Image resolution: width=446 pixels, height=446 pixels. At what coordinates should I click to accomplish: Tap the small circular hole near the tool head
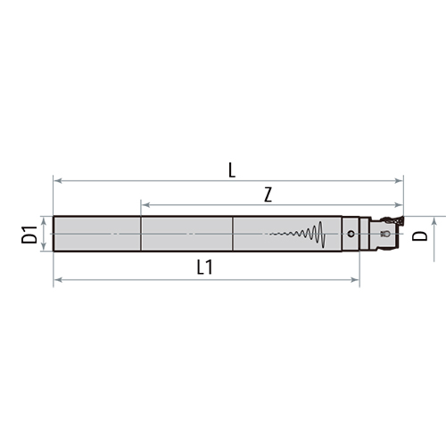tap(351, 235)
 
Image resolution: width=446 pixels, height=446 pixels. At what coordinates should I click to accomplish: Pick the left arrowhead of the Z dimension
tap(144, 205)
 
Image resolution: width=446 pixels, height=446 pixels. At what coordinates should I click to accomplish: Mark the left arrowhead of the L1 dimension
tap(57, 281)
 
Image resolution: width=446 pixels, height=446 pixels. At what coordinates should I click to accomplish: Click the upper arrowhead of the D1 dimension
tap(43, 220)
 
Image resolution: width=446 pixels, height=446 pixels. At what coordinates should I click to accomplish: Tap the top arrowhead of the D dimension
tap(434, 219)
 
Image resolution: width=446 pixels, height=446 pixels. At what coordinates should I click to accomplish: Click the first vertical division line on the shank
tap(141, 235)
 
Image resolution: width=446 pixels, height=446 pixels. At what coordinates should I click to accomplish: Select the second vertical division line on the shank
tap(233, 235)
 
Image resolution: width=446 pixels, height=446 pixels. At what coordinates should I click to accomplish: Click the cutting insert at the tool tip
tap(392, 219)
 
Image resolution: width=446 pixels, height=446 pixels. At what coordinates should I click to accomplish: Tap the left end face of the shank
tap(54, 235)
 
